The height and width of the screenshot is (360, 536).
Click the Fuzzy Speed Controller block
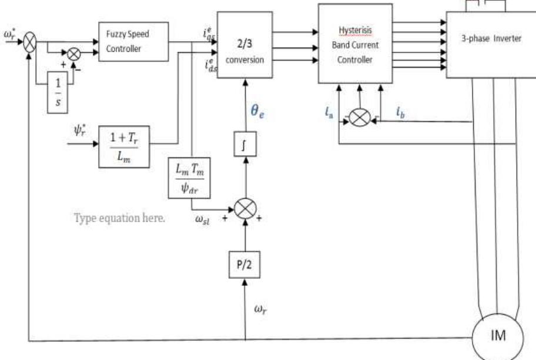[133, 41]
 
